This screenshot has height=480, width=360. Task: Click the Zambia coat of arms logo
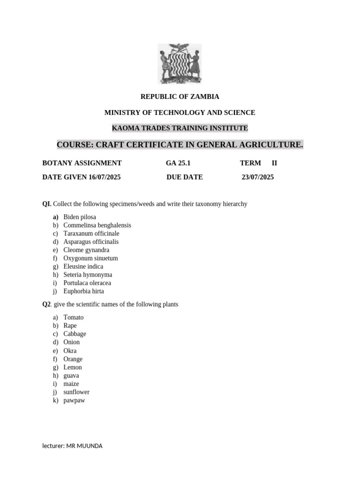(180, 64)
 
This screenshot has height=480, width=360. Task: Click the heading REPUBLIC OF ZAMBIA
(180, 97)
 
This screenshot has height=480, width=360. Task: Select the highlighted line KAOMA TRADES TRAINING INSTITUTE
(180, 128)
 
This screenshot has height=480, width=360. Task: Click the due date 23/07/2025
(258, 177)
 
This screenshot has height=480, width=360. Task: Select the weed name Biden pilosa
(80, 217)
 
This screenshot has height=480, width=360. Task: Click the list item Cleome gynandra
(86, 250)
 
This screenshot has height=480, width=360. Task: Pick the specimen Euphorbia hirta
(84, 291)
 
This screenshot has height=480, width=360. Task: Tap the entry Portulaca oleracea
(87, 283)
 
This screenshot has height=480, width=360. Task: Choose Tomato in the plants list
(74, 317)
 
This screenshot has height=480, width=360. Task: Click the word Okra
(70, 351)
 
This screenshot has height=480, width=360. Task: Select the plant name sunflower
(76, 392)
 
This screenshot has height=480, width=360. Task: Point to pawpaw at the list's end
(74, 400)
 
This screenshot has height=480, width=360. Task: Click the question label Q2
(46, 304)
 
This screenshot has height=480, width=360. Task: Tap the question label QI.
(47, 204)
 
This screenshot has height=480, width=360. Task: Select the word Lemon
(73, 367)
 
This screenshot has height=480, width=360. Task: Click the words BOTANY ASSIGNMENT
(82, 163)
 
